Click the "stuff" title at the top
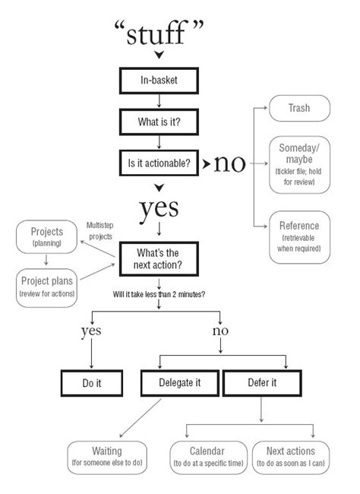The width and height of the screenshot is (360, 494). tap(159, 33)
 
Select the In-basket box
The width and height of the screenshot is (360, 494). tap(159, 80)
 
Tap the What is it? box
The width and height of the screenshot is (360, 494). tap(159, 122)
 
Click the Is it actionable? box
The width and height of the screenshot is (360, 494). tap(159, 163)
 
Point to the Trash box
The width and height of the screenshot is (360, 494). tap(298, 109)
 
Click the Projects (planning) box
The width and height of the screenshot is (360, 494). tap(46, 237)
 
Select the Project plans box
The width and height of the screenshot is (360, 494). tap(46, 286)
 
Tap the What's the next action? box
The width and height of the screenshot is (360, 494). tap(158, 260)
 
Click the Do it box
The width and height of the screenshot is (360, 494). tap(92, 384)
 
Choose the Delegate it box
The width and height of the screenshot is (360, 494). tap(179, 384)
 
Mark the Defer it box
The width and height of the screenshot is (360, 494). tap(261, 384)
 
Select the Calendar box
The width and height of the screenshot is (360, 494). tap(208, 456)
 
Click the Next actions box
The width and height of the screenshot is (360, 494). tap(290, 456)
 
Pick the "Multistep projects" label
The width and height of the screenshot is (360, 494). tap(100, 231)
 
